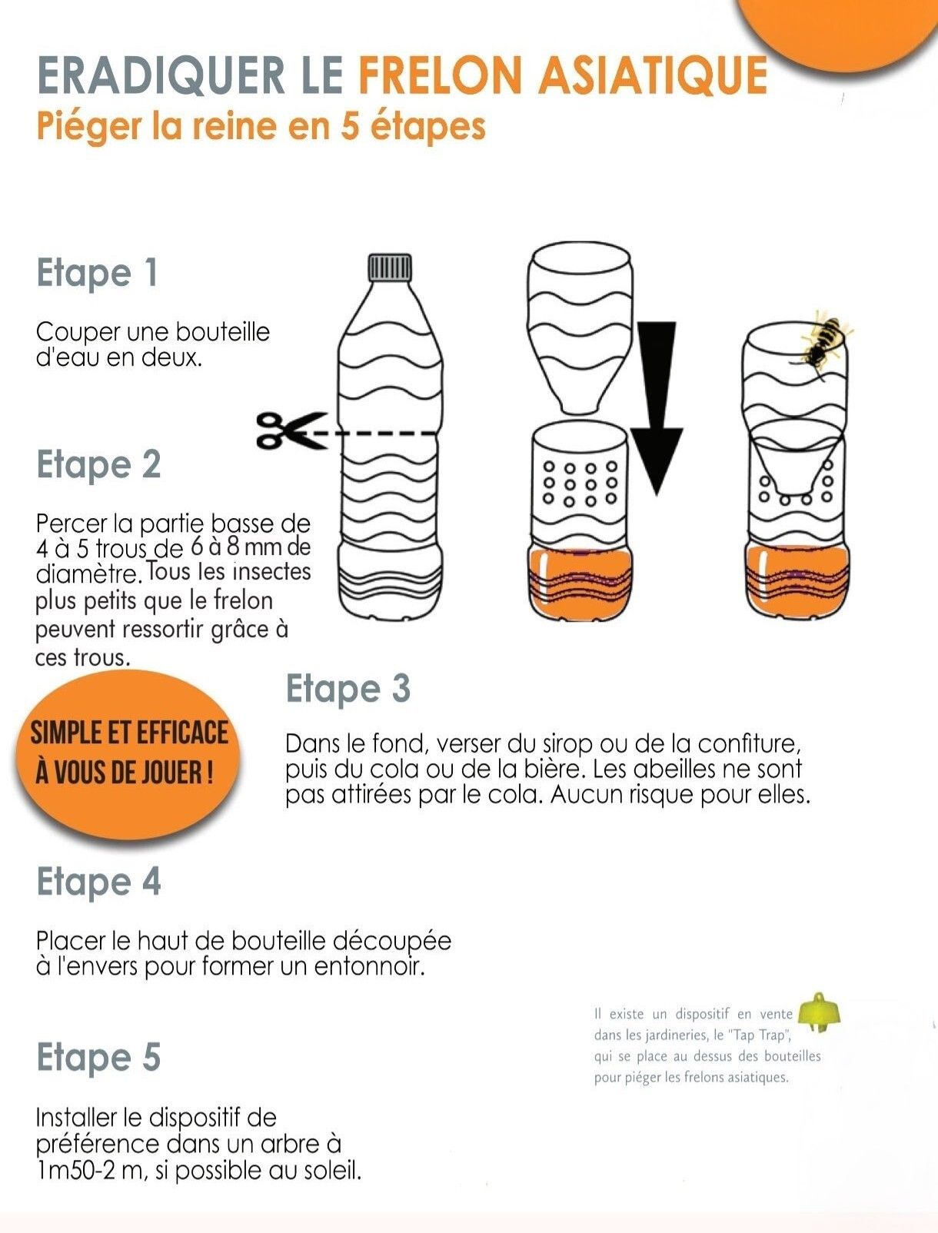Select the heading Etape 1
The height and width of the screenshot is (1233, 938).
97,273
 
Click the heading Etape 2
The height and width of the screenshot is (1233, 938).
99,464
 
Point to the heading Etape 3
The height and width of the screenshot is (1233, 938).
348,689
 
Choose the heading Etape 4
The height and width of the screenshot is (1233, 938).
99,882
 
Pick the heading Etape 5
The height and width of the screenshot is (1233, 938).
99,1058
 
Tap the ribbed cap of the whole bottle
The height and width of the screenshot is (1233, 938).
390,268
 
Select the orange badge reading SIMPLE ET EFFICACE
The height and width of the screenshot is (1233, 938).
128,754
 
